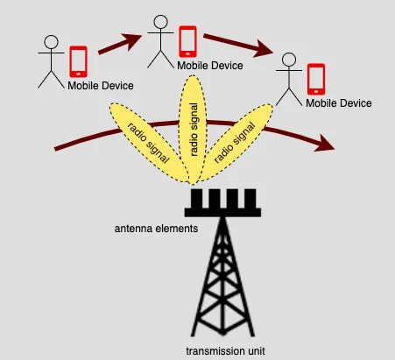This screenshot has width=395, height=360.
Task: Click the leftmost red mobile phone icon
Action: click(x=78, y=60)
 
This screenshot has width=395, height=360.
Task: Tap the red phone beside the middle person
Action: click(x=187, y=40)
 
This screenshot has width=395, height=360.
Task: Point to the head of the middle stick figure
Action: click(x=160, y=23)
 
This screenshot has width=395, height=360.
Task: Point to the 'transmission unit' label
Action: click(x=224, y=350)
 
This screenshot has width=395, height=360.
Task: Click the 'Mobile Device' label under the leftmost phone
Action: click(x=101, y=85)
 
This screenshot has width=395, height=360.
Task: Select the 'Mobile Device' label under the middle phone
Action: click(x=209, y=65)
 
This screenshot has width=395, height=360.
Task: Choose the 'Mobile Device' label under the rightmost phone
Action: click(x=338, y=103)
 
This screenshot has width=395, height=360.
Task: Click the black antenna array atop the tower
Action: click(x=224, y=203)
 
